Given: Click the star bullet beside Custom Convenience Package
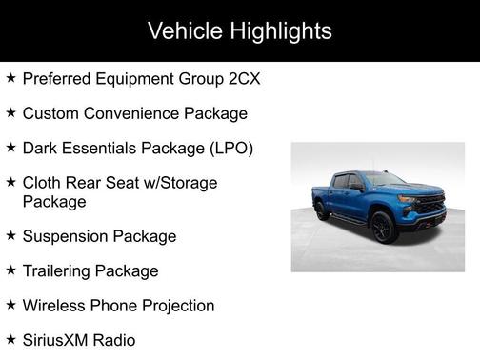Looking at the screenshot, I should (10, 113).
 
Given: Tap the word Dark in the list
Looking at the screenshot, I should (40, 149).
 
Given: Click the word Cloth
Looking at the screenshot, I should (43, 183).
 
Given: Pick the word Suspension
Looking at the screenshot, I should (65, 235).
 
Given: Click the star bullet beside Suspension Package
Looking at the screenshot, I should (10, 235).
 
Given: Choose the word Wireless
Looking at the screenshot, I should (54, 306).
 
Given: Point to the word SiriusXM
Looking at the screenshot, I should (58, 340).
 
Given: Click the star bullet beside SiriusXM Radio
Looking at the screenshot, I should (10, 340).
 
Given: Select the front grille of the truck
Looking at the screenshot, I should (431, 206).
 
